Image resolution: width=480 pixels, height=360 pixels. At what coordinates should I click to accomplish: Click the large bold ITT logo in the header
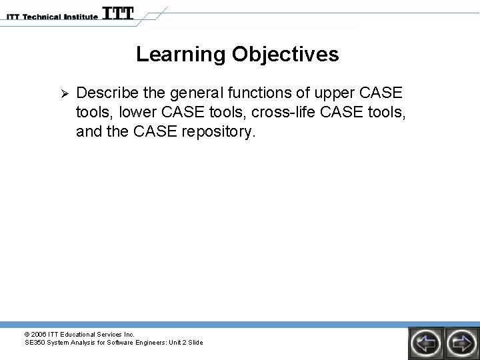(x=119, y=13)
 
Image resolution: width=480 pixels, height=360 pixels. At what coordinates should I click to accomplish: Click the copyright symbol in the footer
(x=27, y=334)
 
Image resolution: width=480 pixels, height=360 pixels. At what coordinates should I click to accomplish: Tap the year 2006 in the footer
(x=39, y=334)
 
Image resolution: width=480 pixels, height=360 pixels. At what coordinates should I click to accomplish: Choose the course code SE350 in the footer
(x=33, y=343)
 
